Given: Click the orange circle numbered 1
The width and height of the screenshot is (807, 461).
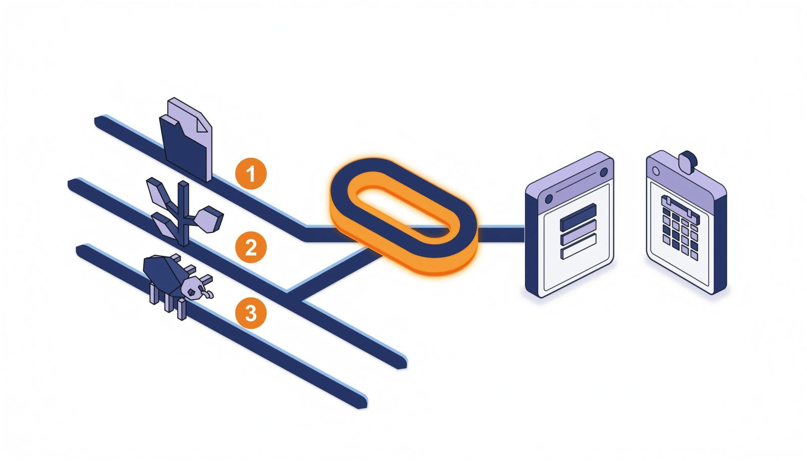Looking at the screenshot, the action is coord(251,174).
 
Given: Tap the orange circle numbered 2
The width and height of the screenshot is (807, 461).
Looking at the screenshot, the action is coord(251,247).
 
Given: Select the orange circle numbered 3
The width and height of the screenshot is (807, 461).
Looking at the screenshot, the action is coord(251,313).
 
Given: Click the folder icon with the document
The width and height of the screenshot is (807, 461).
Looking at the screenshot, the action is coord(186,140).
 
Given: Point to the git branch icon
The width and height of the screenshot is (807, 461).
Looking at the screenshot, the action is coord(184,212).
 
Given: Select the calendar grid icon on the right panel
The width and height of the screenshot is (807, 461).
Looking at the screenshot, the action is coord(680,227).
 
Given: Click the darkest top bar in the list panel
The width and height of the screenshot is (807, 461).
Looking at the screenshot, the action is coord(578,217).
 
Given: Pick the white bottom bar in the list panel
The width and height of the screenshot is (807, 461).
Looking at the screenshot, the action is coord(578,246).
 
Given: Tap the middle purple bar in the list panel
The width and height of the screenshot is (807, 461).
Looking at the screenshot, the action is coord(578,232).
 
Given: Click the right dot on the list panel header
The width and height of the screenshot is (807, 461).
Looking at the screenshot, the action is coord(603,172).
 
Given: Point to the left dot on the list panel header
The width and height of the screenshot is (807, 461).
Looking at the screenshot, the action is coord(549,199).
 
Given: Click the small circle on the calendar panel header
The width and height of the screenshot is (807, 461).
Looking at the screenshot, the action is coord(656,170).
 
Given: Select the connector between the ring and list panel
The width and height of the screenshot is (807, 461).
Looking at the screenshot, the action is coord(501,234).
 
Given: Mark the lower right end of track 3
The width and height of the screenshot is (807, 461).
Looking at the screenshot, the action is coord(362,404).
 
